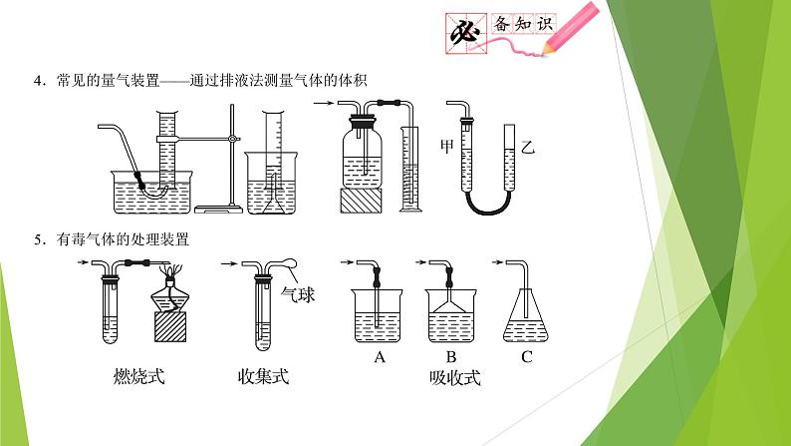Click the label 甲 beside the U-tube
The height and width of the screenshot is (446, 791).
(447, 147)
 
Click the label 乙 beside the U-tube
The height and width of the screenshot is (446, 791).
(528, 147)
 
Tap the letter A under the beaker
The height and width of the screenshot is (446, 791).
(380, 357)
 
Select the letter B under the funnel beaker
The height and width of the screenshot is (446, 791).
(451, 357)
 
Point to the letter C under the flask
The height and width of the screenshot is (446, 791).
(527, 357)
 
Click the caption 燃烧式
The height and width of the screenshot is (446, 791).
(139, 377)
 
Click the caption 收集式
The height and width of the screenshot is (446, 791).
(263, 377)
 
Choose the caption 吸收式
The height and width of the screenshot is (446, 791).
(455, 378)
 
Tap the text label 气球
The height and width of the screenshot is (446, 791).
(298, 294)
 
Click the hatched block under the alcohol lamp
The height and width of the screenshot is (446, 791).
(170, 327)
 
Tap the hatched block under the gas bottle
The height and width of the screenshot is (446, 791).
(361, 201)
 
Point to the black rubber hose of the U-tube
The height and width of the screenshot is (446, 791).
(488, 205)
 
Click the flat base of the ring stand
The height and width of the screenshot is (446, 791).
(218, 209)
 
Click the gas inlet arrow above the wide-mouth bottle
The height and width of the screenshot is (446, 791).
(324, 104)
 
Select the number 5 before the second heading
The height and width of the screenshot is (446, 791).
(38, 239)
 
